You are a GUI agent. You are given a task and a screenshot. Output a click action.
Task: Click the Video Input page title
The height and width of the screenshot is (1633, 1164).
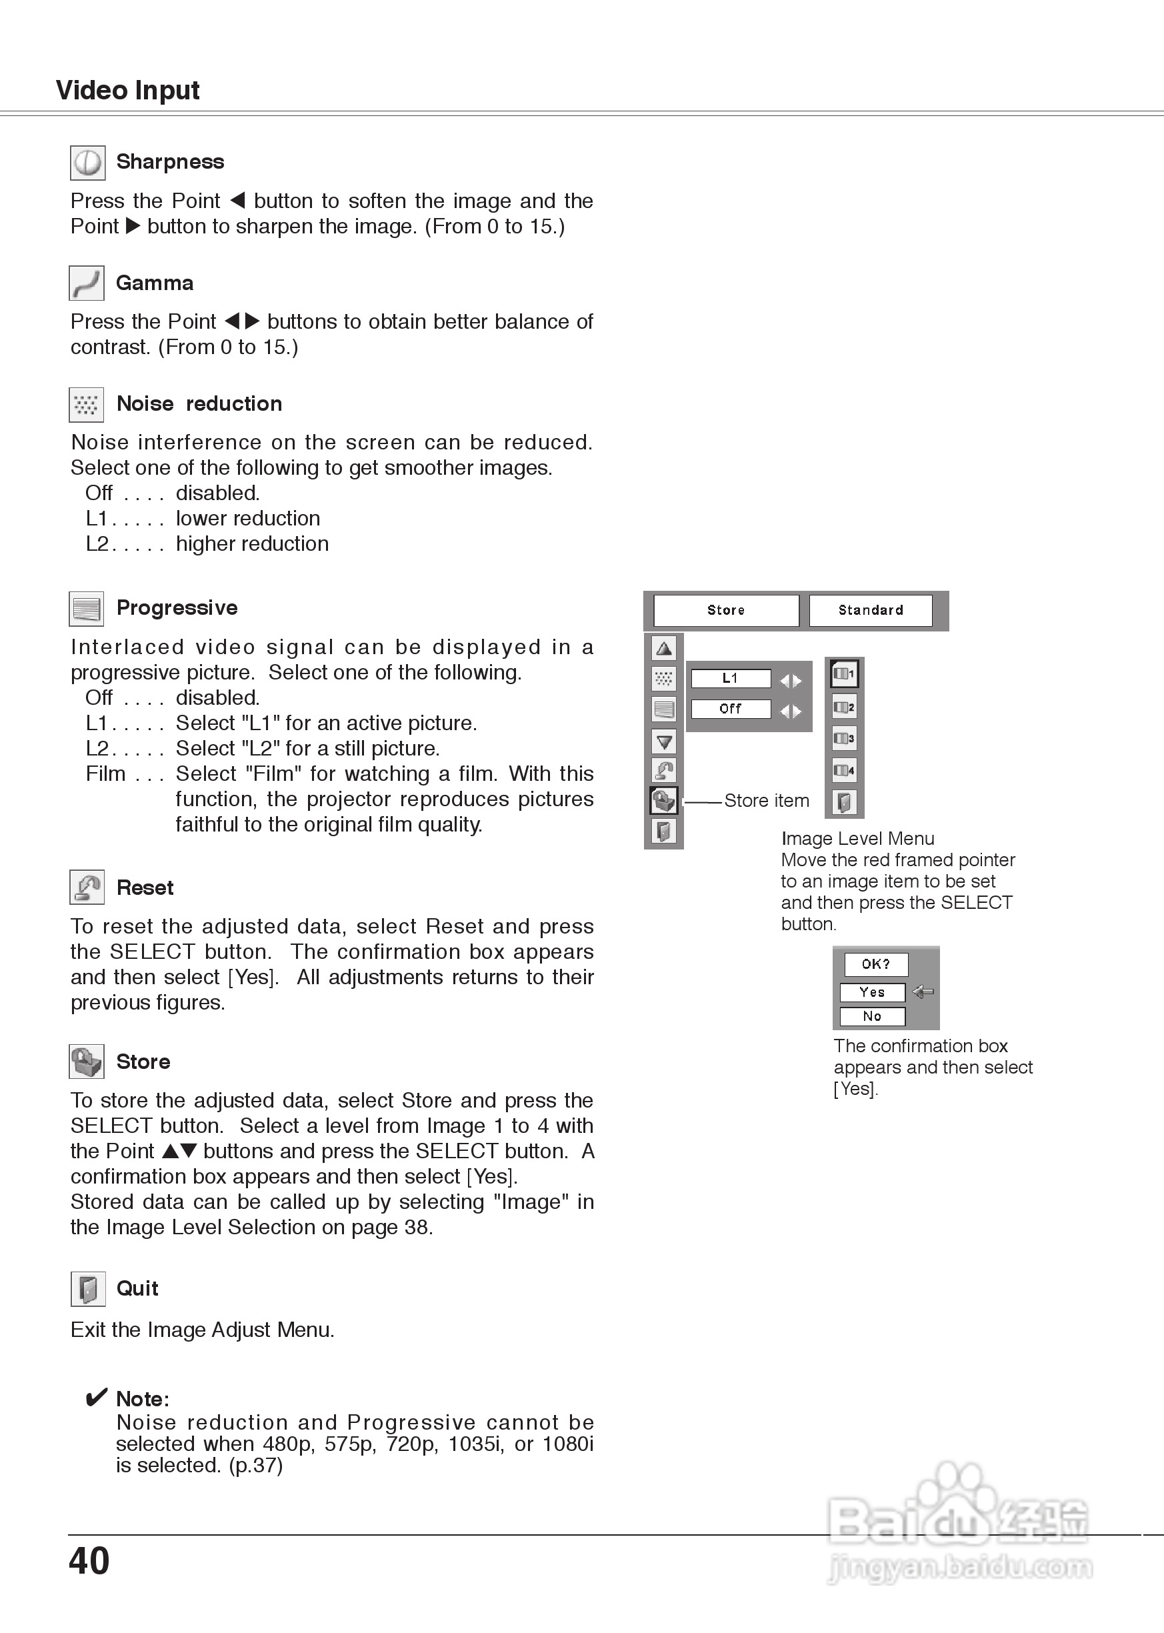127,90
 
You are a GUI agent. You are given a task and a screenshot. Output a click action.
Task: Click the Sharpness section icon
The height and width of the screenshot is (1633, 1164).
87,163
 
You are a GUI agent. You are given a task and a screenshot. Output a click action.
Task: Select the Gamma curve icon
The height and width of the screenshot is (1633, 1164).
87,283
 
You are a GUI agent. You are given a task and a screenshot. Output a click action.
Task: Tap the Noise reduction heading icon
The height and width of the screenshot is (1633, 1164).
87,405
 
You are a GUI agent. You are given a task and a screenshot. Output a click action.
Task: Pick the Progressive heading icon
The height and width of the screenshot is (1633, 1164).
87,609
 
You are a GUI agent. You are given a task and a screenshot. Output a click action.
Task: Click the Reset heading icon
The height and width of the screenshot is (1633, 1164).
87,888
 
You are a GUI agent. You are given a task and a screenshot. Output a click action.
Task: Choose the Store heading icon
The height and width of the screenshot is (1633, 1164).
87,1062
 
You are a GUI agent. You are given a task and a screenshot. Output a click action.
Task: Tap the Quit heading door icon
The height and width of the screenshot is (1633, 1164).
87,1289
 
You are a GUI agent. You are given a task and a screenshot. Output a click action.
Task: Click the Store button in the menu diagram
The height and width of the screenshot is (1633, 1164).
726,610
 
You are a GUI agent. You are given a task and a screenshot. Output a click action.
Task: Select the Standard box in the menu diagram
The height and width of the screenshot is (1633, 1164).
871,610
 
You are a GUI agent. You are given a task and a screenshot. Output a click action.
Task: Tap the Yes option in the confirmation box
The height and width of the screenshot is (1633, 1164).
872,992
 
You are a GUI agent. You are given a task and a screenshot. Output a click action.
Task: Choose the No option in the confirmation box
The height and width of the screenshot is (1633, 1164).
872,1016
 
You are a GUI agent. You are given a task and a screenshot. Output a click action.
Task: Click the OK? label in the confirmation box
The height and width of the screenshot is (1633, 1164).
876,964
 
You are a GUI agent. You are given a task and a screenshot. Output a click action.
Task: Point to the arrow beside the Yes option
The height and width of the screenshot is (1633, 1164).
923,992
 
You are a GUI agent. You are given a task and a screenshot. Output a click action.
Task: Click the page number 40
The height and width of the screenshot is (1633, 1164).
89,1560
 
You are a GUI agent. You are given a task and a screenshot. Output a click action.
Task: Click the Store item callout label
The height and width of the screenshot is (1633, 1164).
766,801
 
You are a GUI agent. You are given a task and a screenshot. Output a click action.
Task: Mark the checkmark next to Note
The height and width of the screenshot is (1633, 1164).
97,1397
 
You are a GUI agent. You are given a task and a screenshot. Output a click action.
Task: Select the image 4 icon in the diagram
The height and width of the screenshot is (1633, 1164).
843,771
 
